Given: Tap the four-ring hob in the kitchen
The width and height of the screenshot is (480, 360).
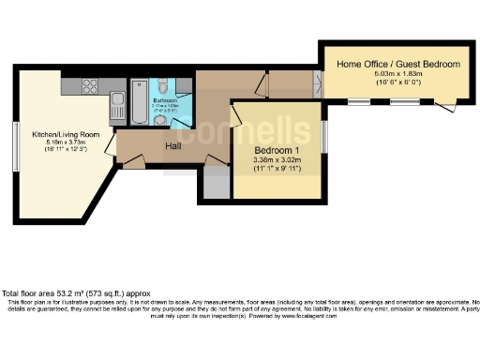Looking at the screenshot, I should pyautogui.click(x=91, y=86).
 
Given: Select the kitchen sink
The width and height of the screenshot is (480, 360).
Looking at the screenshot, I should pyautogui.click(x=116, y=100).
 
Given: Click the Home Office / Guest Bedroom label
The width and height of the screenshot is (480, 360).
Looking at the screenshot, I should pyautogui.click(x=399, y=64).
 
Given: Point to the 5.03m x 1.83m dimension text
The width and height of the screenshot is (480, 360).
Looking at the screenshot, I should pyautogui.click(x=398, y=74).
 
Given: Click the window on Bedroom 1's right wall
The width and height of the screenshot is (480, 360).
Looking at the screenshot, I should pyautogui.click(x=324, y=136).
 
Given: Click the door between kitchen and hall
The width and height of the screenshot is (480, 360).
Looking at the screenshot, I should pyautogui.click(x=111, y=142).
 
